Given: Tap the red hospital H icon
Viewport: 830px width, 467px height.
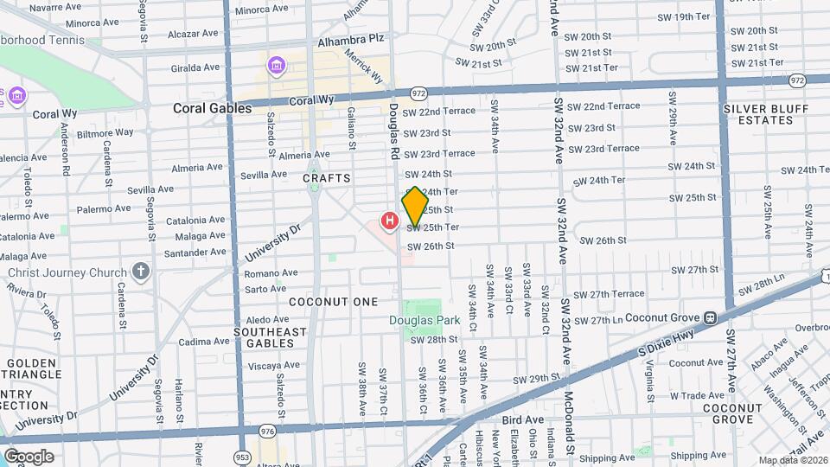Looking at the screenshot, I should [x=390, y=221].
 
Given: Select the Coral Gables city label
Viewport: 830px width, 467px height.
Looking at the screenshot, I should [x=212, y=108].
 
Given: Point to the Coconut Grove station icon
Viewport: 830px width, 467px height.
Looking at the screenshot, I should [x=710, y=317].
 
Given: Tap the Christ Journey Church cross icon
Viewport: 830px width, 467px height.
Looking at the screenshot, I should [x=141, y=272].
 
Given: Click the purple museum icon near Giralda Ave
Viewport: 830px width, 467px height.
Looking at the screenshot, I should [x=276, y=66].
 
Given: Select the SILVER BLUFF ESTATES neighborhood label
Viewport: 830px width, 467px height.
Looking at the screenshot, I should [x=766, y=114].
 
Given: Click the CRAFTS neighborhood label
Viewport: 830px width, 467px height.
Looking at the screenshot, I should [x=327, y=178].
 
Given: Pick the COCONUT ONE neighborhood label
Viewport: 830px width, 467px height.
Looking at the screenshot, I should [x=334, y=302].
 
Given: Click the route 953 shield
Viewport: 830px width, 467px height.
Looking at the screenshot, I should [x=239, y=454].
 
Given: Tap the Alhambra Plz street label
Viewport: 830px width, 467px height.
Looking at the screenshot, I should [x=350, y=39].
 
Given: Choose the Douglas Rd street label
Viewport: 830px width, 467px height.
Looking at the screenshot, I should [x=394, y=132].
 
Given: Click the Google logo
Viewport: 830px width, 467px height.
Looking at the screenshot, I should [x=29, y=456].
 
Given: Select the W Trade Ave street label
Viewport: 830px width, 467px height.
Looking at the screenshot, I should [x=696, y=394].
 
